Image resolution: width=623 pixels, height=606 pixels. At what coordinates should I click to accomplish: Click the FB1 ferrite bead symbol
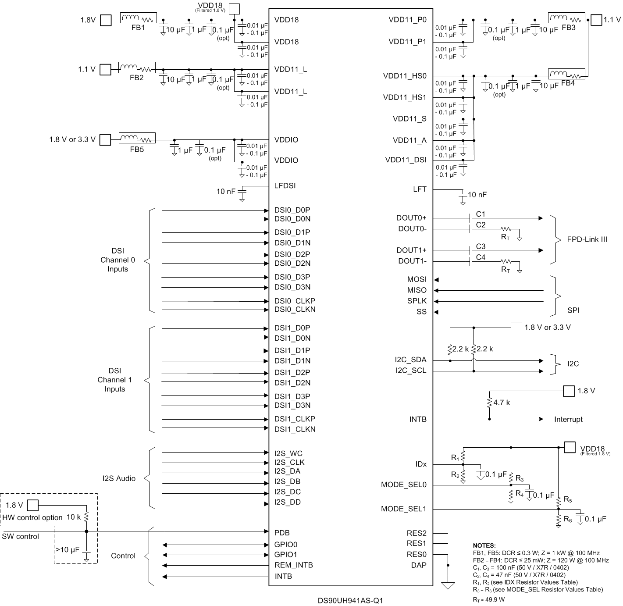(x=138, y=18)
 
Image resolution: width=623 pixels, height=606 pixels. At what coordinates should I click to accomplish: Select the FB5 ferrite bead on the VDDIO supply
(x=137, y=139)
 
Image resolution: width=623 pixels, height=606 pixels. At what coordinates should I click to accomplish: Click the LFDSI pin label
(x=285, y=185)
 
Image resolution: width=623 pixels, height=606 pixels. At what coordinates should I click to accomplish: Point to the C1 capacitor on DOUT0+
(x=470, y=218)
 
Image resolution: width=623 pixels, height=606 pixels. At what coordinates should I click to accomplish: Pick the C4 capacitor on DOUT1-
(x=470, y=261)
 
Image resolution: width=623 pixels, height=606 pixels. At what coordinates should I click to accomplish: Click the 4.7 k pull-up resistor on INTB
(x=489, y=403)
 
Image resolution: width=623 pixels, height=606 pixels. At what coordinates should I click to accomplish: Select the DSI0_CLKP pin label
(x=295, y=301)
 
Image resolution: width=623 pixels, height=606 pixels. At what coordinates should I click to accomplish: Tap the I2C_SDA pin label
(x=410, y=360)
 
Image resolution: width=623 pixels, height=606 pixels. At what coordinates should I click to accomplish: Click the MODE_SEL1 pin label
(x=403, y=509)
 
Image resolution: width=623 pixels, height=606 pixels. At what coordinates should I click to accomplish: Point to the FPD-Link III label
(x=587, y=239)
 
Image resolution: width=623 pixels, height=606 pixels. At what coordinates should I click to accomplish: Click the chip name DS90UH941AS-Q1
(x=350, y=600)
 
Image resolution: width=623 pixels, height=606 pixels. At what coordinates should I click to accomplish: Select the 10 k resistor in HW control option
(x=86, y=517)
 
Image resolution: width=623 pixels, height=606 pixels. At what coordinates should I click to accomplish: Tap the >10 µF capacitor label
(x=67, y=549)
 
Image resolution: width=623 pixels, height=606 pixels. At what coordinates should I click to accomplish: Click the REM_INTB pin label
(x=293, y=565)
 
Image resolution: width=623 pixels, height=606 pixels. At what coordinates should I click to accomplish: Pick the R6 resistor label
(x=568, y=519)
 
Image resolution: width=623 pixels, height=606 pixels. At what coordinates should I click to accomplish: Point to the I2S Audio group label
(x=119, y=478)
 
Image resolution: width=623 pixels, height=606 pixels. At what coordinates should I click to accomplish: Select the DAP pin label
(x=418, y=565)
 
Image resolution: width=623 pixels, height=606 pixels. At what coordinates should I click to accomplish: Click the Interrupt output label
(x=568, y=419)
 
